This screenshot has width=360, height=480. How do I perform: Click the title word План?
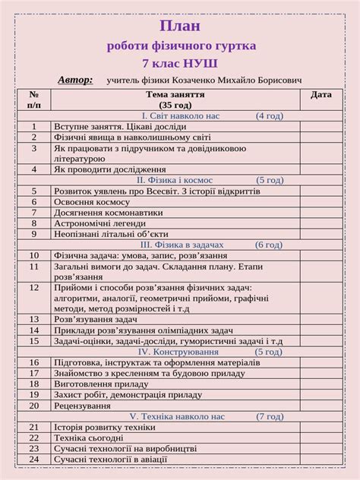[x=181, y=27]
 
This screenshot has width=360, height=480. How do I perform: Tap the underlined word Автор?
[x=75, y=79]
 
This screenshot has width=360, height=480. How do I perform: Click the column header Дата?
[x=321, y=95]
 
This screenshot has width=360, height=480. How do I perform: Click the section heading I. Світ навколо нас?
[x=181, y=116]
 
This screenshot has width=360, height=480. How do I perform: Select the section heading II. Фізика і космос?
[x=175, y=181]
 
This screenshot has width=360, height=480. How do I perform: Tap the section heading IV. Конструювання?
[x=176, y=352]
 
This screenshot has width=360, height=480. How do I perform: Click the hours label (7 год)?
[x=270, y=417]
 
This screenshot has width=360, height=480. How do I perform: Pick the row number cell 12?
[x=34, y=289]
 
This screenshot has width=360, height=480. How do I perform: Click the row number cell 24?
[x=34, y=459]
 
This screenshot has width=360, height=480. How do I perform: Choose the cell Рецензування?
[x=83, y=406]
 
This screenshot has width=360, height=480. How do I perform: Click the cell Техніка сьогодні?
[x=88, y=438]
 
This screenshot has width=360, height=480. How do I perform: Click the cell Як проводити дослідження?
[x=109, y=170]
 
